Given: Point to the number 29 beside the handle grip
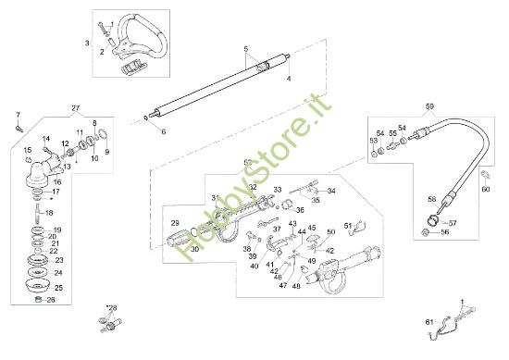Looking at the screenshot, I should tap(174, 224).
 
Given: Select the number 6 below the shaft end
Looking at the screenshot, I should tap(165, 132).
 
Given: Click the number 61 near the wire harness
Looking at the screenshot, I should tap(428, 321).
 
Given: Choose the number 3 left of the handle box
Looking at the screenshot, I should tap(86, 43).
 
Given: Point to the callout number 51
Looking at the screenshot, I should tap(348, 225).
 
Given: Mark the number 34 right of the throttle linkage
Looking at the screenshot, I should tap(331, 192).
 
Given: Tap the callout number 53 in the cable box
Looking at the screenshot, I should tap(373, 141).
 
